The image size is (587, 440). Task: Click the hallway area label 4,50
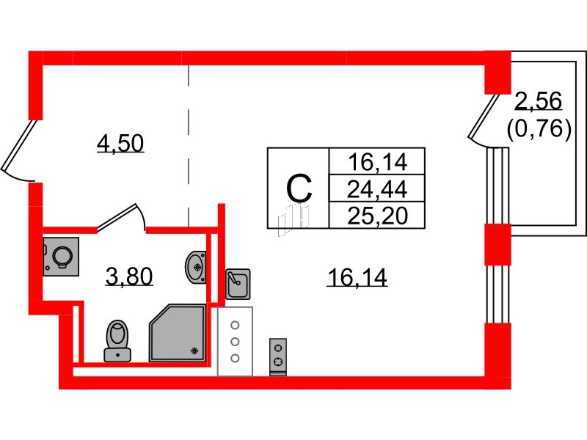pyautogui.click(x=120, y=143)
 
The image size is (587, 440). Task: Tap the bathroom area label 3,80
pyautogui.click(x=129, y=276)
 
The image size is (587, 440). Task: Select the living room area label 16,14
pyautogui.click(x=357, y=278)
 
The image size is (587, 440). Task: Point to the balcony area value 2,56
pyautogui.click(x=539, y=100)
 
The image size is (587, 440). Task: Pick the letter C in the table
pyautogui.click(x=299, y=188)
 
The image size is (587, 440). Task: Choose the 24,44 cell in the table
pyautogui.click(x=377, y=189)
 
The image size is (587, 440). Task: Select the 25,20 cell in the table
pyautogui.click(x=377, y=216)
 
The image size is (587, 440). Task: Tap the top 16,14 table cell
pyautogui.click(x=377, y=161)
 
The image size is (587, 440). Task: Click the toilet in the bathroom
pyautogui.click(x=117, y=341)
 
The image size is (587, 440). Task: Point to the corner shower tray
pyautogui.click(x=178, y=333)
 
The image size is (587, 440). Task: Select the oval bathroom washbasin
pyautogui.click(x=195, y=266)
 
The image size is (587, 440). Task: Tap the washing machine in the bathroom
pyautogui.click(x=61, y=257)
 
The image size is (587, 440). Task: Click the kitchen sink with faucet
pyautogui.click(x=238, y=284)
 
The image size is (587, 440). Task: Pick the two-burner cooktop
pyautogui.click(x=278, y=357)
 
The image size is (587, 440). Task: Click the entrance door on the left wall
pyautogui.click(x=18, y=150)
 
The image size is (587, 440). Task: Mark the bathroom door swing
pyautogui.click(x=122, y=218)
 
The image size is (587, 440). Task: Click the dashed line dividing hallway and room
pyautogui.click(x=189, y=146)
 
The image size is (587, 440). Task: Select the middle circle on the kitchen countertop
pyautogui.click(x=235, y=342)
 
